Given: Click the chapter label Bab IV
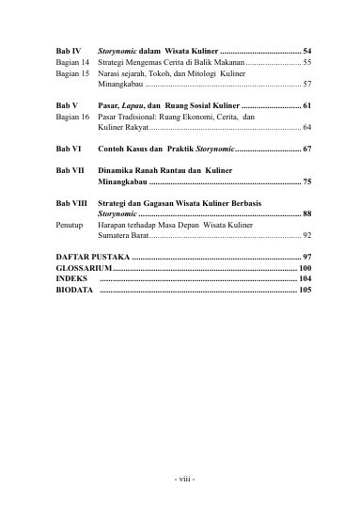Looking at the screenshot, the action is point(68,49).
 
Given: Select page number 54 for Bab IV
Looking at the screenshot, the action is point(307,49).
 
